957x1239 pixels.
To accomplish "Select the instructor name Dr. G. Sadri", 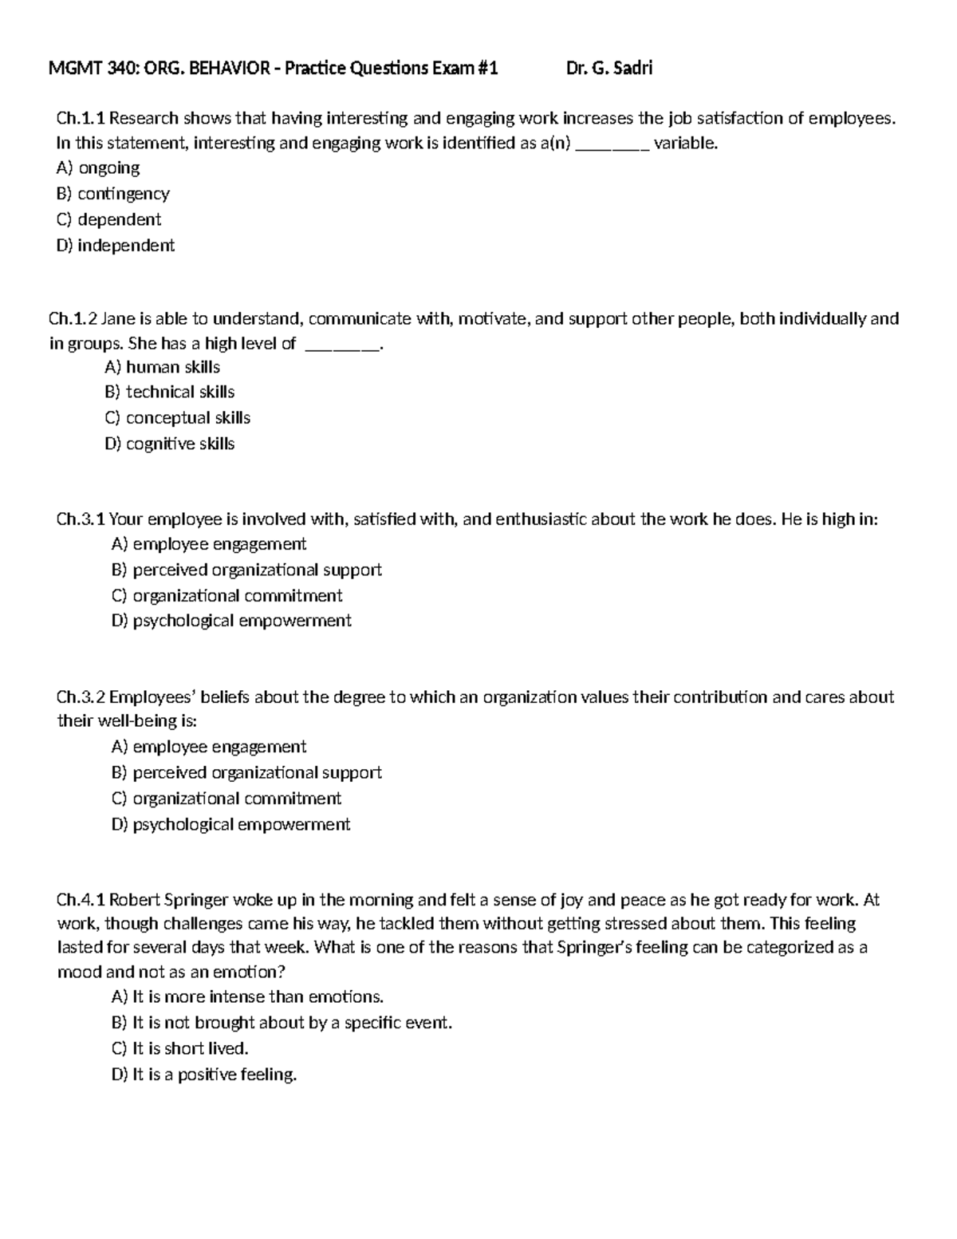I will click(x=609, y=69).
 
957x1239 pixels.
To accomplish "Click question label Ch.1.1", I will click(x=81, y=119).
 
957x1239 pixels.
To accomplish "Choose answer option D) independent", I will click(x=116, y=246).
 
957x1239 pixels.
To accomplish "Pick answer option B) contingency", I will click(x=112, y=194).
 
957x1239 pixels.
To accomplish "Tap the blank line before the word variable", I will click(x=612, y=144).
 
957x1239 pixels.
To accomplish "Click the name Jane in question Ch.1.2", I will click(x=118, y=319).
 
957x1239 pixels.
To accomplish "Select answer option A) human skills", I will click(x=162, y=367).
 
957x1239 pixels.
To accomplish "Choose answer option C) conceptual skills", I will click(x=177, y=418).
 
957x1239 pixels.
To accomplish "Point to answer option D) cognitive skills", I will click(x=169, y=444).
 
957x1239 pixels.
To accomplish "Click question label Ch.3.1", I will click(x=81, y=519).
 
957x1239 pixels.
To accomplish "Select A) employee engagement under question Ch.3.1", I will click(x=208, y=544).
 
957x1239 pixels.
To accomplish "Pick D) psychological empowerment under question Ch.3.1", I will click(x=231, y=621).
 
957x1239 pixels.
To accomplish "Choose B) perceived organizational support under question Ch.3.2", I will click(x=246, y=772).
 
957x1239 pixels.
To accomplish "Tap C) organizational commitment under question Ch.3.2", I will click(x=226, y=799).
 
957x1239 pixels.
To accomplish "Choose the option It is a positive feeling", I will click(x=203, y=1075).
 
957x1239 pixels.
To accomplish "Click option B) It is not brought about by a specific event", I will click(x=282, y=1023).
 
